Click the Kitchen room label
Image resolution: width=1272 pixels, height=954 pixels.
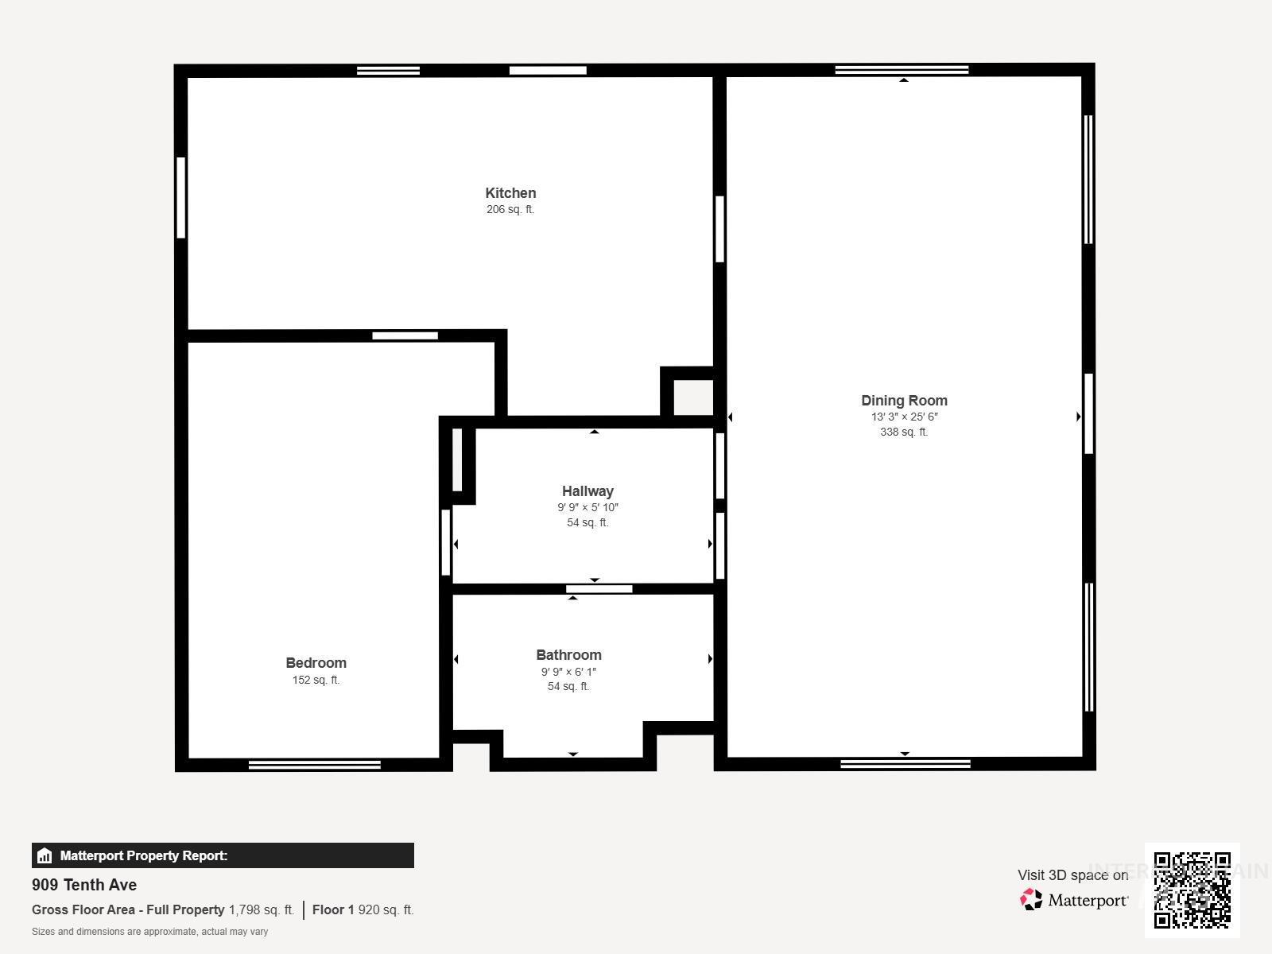point(510,193)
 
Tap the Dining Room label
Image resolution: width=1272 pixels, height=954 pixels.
point(904,401)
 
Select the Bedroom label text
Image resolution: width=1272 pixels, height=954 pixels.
point(316,663)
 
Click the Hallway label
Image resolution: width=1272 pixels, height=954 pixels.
point(588,491)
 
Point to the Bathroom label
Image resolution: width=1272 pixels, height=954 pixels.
point(568,655)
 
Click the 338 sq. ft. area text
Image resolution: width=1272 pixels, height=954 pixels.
point(904,432)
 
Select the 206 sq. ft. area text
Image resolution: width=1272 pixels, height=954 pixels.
point(510,210)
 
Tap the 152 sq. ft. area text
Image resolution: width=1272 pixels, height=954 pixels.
point(316,680)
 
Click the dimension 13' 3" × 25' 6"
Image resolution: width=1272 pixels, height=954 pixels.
point(904,417)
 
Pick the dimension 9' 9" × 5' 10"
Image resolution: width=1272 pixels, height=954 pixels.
point(588,507)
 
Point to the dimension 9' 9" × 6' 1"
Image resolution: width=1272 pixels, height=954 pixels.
point(568,672)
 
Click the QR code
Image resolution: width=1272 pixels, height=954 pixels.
point(1192,890)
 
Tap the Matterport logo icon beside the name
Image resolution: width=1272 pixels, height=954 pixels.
point(1031,900)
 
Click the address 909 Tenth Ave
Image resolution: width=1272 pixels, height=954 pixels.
point(84,885)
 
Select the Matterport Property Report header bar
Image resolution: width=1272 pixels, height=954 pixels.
point(223,855)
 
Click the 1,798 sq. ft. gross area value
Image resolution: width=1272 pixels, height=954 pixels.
point(262,909)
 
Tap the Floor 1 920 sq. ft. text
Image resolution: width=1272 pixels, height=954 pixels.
point(363,909)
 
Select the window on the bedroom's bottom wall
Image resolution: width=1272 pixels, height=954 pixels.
point(314,765)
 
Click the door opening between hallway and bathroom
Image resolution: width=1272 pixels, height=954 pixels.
point(599,589)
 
